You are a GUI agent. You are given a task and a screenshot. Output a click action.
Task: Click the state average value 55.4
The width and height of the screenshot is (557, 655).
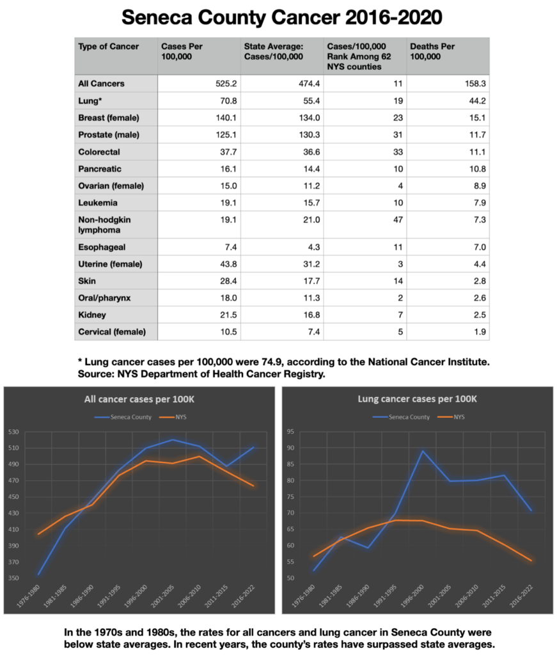308,101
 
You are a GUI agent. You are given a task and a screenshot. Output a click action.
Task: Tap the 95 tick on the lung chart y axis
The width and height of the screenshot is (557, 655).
292,432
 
